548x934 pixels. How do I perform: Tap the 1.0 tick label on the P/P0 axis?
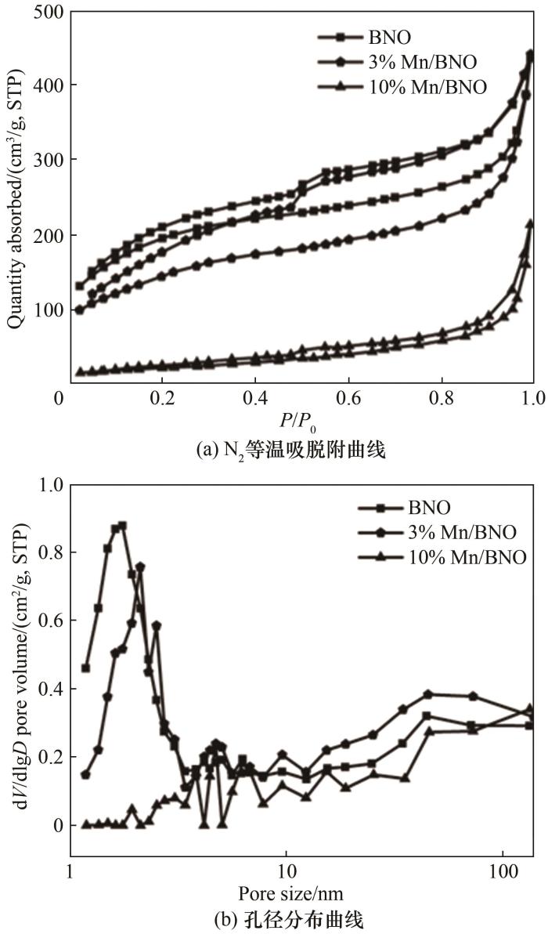pyautogui.click(x=532, y=397)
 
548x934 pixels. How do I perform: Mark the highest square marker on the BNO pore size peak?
pyautogui.click(x=122, y=526)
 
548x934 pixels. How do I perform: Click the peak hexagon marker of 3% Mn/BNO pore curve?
pyautogui.click(x=140, y=567)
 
